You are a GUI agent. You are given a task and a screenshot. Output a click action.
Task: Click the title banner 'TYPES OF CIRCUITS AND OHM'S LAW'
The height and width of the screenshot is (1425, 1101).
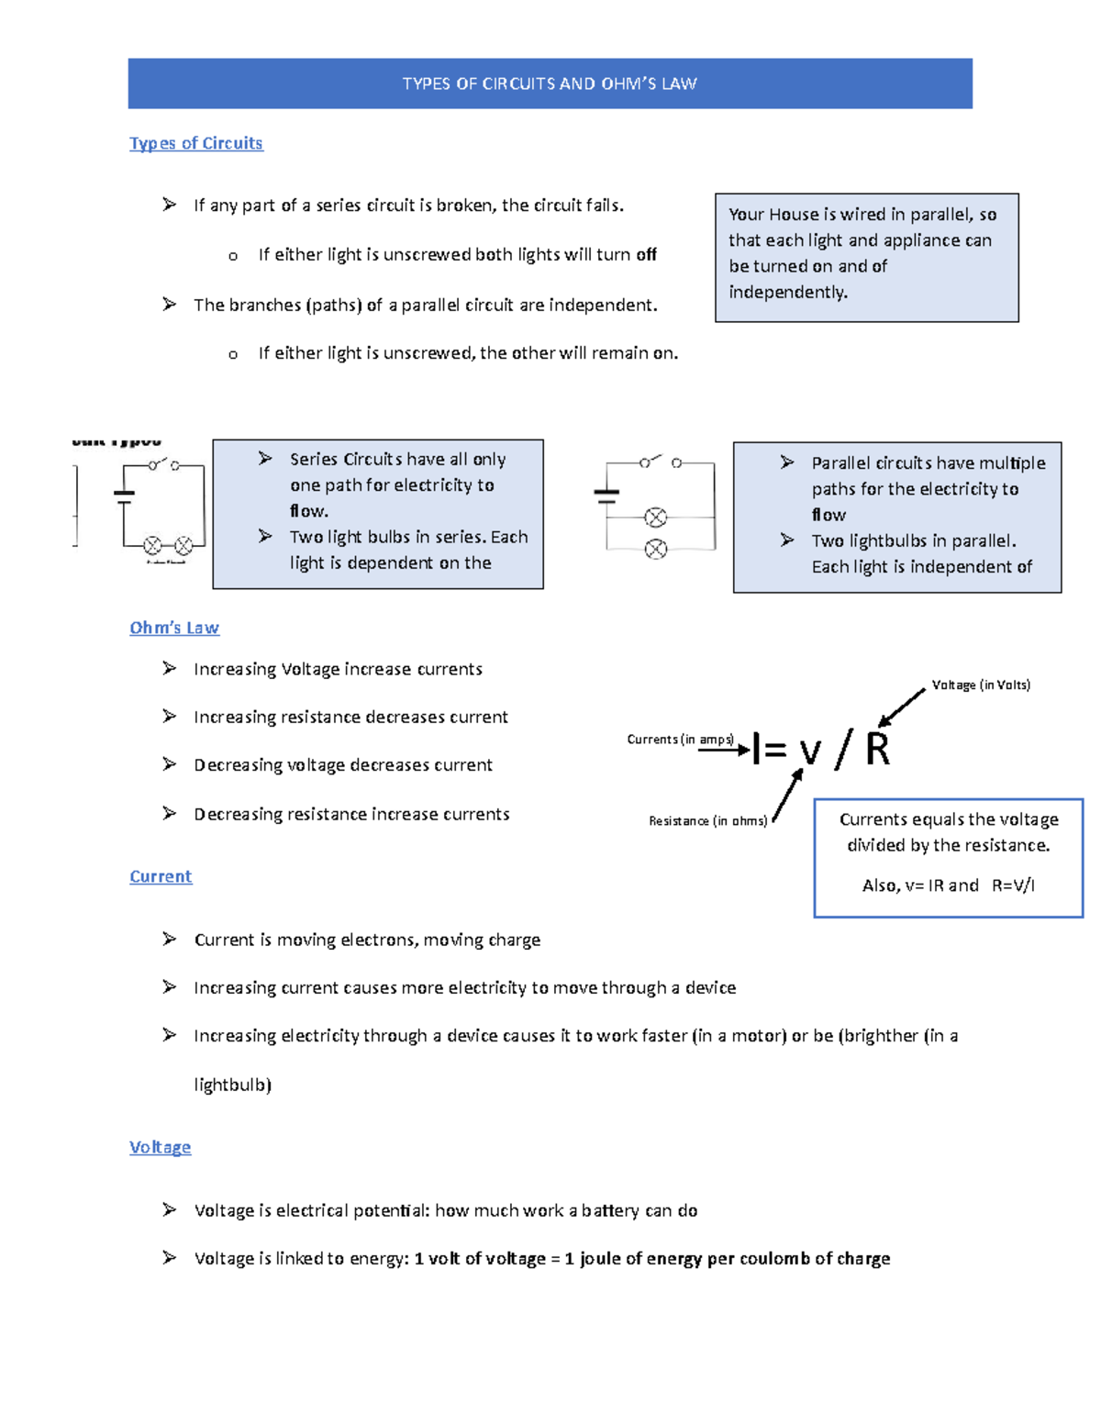coord(550,83)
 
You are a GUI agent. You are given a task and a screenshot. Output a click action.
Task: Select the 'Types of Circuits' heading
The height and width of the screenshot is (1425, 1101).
coord(195,143)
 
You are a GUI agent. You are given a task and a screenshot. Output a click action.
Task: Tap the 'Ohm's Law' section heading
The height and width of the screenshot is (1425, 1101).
coord(174,628)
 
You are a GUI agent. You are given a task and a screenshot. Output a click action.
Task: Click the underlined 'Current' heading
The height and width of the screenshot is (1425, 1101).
coord(161,876)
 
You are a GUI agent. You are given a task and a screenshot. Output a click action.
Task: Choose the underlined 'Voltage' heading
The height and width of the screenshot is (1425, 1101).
coord(160,1147)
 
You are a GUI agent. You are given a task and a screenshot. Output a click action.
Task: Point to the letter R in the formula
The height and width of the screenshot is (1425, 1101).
coord(877,750)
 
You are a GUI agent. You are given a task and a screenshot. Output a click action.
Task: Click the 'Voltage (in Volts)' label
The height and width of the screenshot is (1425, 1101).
coord(980,685)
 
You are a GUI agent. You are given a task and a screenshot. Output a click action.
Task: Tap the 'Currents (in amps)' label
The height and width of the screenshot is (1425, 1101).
coord(680,740)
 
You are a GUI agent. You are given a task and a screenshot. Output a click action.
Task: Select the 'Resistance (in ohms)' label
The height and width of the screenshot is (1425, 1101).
coord(707,820)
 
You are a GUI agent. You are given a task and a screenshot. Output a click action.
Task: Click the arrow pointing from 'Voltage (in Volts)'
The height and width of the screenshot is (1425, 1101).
coord(902,707)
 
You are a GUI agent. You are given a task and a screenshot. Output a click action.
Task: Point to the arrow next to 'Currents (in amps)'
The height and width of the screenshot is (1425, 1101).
coord(724,751)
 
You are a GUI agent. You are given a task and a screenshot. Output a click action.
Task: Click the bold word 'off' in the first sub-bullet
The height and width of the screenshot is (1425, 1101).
coord(646,255)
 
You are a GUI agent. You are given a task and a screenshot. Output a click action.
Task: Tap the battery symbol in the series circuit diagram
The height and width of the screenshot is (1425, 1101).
coord(124,496)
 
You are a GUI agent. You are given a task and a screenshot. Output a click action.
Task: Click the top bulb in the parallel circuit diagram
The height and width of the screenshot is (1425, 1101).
coord(655,518)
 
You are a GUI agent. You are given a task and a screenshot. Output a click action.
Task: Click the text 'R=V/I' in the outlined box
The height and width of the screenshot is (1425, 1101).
coord(1013,885)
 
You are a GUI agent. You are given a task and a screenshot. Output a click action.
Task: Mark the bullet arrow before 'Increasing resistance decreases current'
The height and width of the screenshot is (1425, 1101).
coord(170,717)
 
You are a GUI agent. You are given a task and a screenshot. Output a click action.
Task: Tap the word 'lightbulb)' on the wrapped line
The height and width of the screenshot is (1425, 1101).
coord(233,1085)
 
